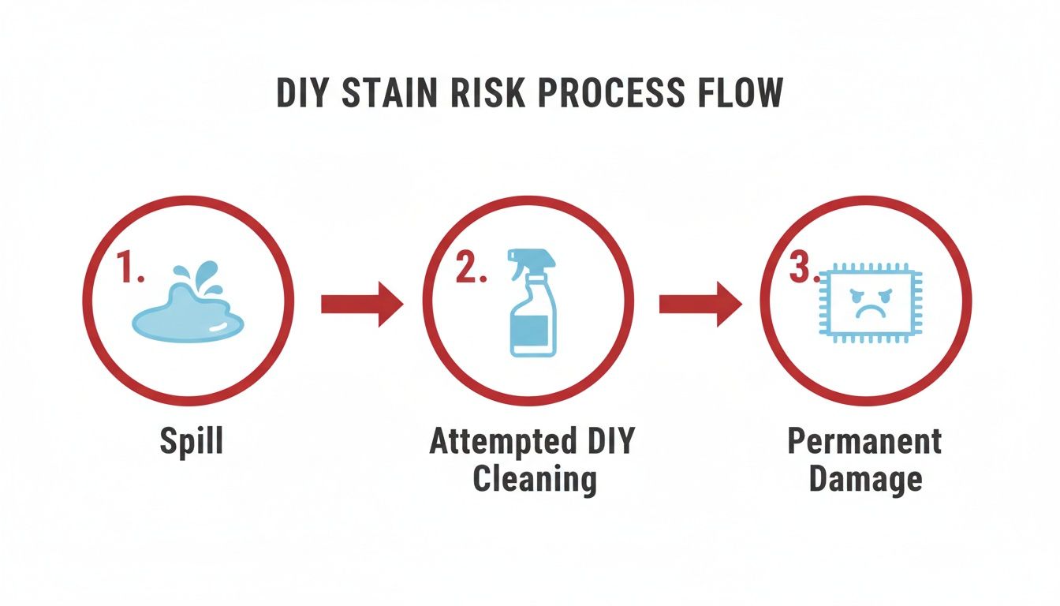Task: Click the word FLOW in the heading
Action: click(738, 94)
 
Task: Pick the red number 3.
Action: click(805, 269)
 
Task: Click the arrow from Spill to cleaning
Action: click(362, 304)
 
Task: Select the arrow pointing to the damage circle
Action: click(700, 304)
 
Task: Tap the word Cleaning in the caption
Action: click(533, 479)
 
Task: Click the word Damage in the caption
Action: click(865, 479)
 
